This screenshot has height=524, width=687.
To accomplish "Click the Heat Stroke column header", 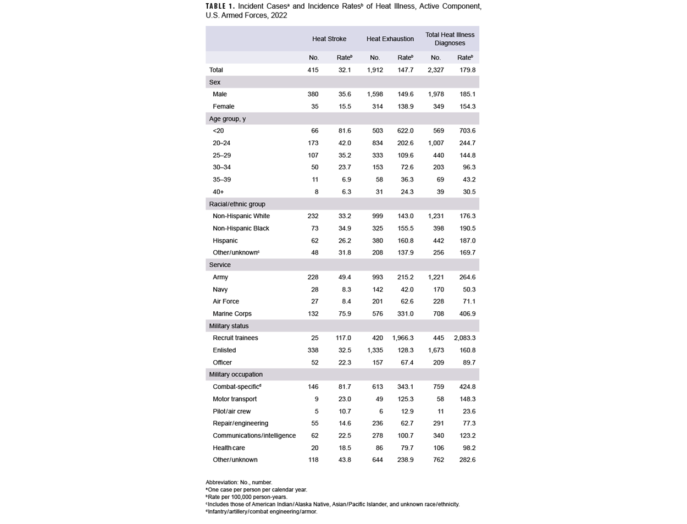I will tap(329, 39).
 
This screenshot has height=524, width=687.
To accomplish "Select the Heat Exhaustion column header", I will tap(390, 39).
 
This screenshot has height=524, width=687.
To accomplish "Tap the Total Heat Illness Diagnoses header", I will tap(450, 38).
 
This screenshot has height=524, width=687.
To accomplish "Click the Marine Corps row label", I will tap(232, 313).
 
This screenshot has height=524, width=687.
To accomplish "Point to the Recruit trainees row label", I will tap(235, 338).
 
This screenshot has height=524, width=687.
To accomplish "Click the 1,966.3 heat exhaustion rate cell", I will tap(403, 338).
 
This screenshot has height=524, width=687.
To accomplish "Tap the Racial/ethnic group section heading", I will tap(237, 204).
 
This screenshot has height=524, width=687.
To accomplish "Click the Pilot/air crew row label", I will tap(231, 411).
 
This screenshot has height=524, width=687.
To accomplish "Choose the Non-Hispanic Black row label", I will tap(241, 228).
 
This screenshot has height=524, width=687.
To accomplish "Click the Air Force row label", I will tap(226, 301).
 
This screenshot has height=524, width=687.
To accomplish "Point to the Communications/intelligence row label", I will tap(254, 435).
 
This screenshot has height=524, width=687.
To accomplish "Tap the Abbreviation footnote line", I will tap(239, 482).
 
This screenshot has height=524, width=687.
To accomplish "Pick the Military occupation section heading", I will tap(236, 374).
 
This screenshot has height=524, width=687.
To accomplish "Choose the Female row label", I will tap(223, 106).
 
